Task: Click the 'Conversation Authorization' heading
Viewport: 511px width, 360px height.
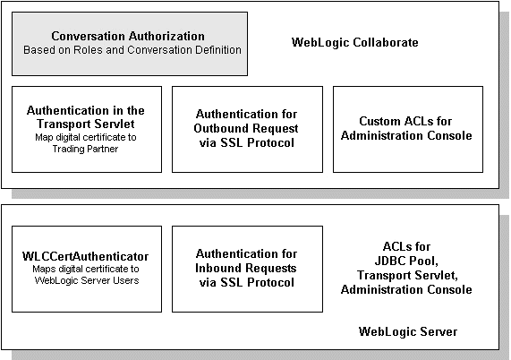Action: (x=128, y=36)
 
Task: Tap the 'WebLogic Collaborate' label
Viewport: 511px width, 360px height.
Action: (x=355, y=42)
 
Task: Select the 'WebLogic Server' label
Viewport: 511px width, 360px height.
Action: (x=408, y=331)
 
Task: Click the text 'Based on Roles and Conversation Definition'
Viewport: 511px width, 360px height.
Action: (x=132, y=50)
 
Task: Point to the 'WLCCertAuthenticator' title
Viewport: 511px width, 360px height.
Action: (x=85, y=256)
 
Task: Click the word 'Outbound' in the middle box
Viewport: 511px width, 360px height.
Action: (x=217, y=128)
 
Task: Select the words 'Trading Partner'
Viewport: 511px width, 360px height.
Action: (x=85, y=149)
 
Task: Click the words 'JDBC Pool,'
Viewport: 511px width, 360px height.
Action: (x=406, y=261)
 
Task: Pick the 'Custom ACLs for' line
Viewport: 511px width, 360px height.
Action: (x=405, y=121)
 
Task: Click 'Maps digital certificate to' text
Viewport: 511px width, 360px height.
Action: (x=86, y=269)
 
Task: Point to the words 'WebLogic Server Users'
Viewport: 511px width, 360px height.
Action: (x=87, y=280)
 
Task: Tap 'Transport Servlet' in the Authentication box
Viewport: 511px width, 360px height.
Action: (x=86, y=124)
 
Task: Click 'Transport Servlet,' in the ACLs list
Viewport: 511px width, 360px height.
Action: (x=407, y=275)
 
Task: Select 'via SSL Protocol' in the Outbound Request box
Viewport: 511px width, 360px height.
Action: (x=247, y=142)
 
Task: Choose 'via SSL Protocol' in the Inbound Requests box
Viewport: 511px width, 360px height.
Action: (x=247, y=282)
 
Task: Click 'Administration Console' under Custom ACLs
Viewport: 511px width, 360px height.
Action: (x=406, y=135)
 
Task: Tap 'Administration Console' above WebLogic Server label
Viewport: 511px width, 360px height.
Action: (x=406, y=289)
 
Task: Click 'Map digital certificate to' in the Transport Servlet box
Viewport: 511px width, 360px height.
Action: (x=86, y=137)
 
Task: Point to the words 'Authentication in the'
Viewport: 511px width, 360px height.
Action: (x=86, y=110)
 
